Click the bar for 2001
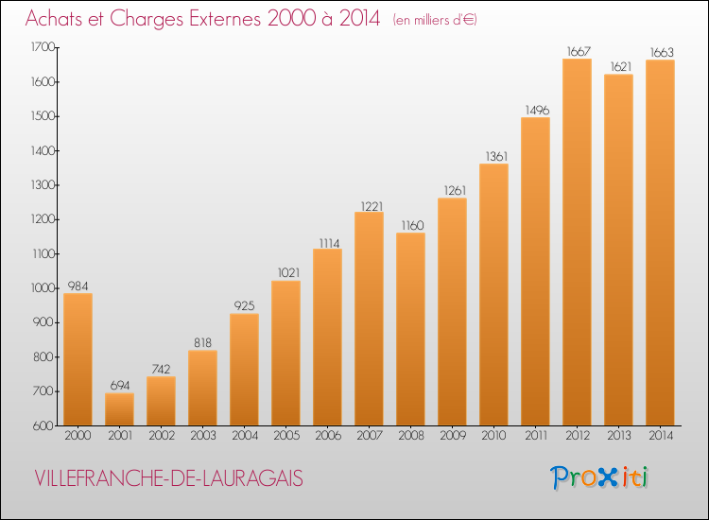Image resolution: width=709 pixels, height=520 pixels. point(119,408)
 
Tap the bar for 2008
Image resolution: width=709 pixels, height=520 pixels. point(410,329)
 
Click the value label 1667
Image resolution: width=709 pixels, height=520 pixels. point(577,51)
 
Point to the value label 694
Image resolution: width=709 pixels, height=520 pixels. point(119,385)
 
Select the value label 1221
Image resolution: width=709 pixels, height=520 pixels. point(369,204)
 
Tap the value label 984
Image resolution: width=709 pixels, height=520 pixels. point(78,286)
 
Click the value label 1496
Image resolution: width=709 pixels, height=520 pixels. point(535,110)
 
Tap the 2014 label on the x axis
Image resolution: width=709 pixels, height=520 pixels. point(660,436)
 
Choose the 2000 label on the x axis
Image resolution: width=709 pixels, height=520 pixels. point(78,436)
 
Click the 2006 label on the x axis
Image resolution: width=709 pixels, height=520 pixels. point(327,436)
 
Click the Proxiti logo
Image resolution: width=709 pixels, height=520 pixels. point(599,477)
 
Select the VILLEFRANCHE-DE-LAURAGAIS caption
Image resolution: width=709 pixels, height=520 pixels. point(167,479)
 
